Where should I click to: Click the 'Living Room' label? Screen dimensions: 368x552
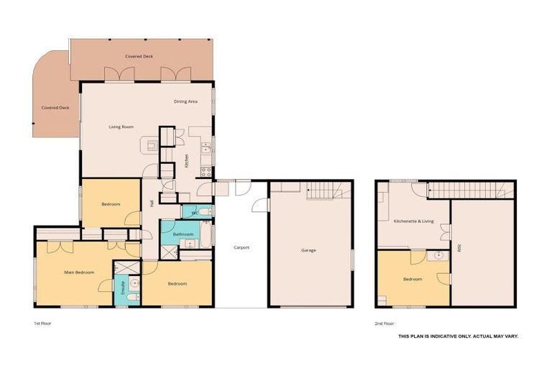tap(121, 127)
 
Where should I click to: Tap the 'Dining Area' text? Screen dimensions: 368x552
tap(185, 101)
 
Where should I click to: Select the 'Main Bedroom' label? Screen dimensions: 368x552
tap(80, 272)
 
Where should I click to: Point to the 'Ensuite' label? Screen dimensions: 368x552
tap(122, 289)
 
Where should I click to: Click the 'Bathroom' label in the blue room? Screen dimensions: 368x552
tap(183, 234)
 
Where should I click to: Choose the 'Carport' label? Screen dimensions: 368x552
tap(241, 247)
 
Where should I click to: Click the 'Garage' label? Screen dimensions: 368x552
tap(308, 250)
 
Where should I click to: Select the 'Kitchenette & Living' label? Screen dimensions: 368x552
tap(413, 221)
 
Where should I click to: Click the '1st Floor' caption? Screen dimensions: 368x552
tap(42, 323)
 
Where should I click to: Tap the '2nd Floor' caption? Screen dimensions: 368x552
tap(385, 323)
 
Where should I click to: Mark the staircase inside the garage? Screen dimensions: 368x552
tap(328, 190)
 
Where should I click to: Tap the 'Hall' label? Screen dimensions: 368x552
tap(151, 203)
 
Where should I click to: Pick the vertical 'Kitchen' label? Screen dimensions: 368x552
tap(187, 161)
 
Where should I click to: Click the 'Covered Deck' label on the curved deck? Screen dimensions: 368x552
tap(55, 108)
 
